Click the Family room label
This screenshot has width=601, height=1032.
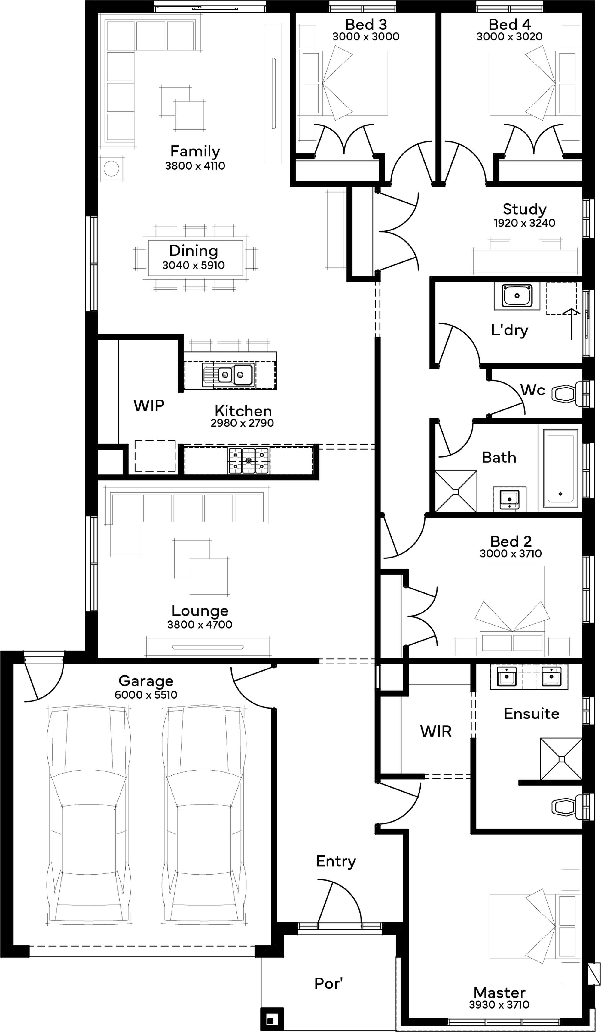[195, 152]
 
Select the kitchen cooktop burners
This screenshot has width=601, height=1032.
[248, 461]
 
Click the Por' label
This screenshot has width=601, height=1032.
[328, 983]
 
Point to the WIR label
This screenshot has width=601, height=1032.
[436, 731]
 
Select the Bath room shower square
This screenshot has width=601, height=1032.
[456, 491]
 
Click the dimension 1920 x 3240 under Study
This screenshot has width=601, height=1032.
[524, 223]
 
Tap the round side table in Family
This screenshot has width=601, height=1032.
[111, 168]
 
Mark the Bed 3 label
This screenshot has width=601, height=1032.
[366, 25]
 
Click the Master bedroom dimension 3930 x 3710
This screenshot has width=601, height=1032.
[499, 1005]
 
